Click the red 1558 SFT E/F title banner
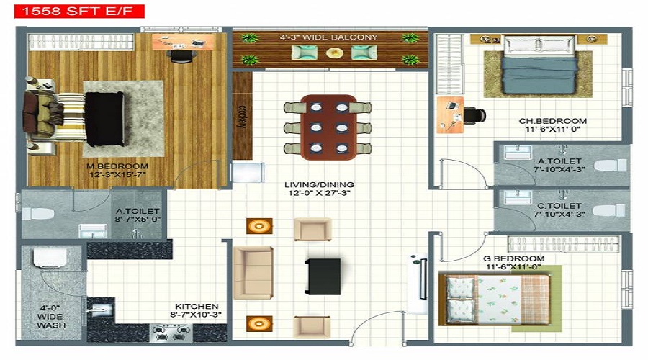point(73,11)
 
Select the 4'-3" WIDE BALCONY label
point(329,37)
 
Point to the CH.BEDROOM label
point(553,125)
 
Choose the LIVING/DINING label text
point(319,189)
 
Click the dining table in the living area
point(328,126)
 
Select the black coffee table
point(323,276)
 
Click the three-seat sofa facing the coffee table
point(253,272)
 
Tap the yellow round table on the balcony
point(334,53)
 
